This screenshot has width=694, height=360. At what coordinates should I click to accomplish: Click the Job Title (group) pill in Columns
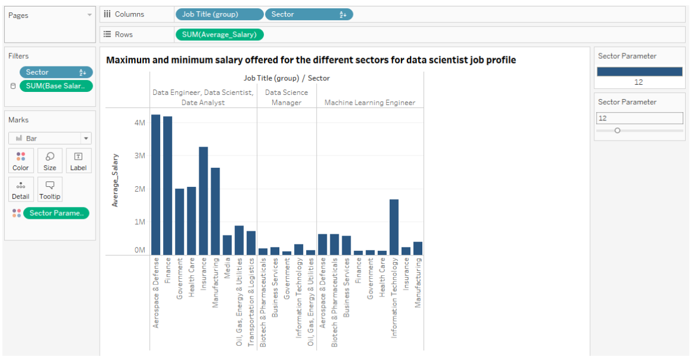(219, 14)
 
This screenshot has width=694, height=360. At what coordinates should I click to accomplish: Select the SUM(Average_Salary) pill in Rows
(219, 34)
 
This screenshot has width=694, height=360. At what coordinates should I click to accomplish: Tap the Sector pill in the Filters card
(56, 72)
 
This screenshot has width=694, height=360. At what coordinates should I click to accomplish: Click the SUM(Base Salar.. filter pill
(56, 86)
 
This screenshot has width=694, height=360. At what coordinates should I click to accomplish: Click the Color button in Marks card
(21, 161)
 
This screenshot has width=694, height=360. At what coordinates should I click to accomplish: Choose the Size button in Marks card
(50, 161)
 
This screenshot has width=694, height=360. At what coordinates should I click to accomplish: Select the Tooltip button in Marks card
(50, 189)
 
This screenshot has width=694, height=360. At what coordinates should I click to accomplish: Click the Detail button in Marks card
(21, 189)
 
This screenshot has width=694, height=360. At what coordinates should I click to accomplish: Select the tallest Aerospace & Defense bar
(155, 184)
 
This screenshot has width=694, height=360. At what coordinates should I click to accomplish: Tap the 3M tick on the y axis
(139, 156)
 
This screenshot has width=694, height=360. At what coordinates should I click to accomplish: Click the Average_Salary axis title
(115, 180)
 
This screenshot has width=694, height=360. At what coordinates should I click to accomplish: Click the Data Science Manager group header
(286, 97)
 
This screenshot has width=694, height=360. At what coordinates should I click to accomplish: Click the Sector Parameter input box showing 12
(639, 118)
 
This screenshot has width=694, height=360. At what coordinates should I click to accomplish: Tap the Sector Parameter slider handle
(617, 130)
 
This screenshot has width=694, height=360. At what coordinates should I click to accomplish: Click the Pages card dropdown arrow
(90, 15)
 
